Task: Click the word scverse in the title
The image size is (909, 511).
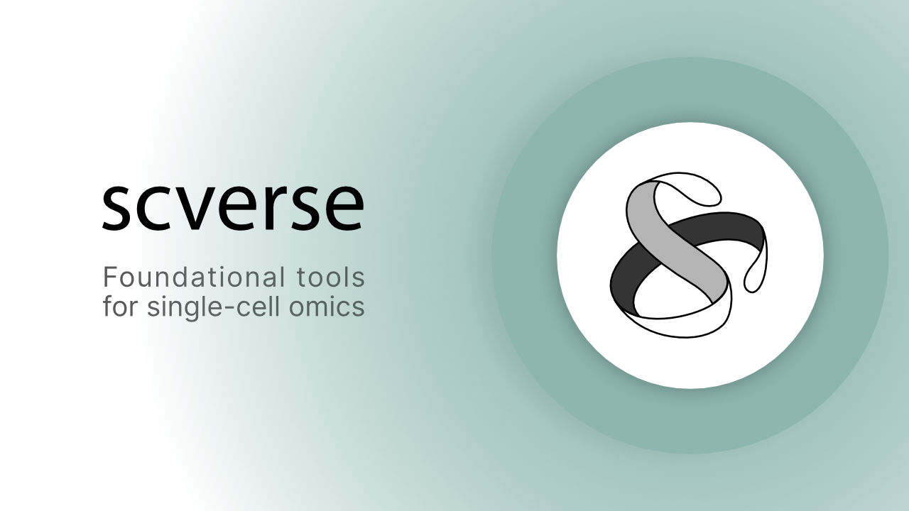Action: (233, 207)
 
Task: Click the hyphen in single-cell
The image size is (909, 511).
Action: (231, 309)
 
